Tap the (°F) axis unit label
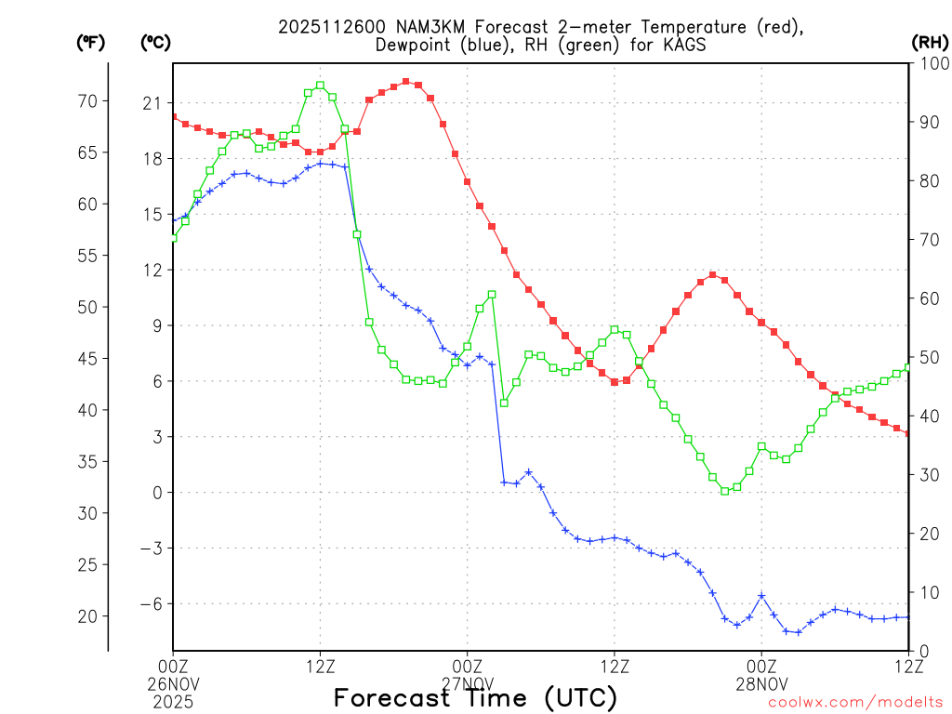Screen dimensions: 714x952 (90, 42)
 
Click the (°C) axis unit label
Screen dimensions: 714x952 (155, 42)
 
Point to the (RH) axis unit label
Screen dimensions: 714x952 (930, 42)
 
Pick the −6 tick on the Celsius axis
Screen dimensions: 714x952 (150, 603)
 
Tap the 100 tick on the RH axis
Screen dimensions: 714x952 (931, 63)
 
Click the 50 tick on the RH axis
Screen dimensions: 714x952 (927, 357)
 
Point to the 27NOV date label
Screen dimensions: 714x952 (468, 681)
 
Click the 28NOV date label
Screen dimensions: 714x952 (761, 681)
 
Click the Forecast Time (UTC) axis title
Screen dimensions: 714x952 (475, 698)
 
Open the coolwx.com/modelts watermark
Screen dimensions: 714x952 (854, 702)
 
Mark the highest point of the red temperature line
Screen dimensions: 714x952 (406, 82)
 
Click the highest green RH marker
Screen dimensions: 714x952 (321, 86)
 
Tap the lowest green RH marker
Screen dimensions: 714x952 (725, 491)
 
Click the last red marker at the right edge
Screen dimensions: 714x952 (908, 433)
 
